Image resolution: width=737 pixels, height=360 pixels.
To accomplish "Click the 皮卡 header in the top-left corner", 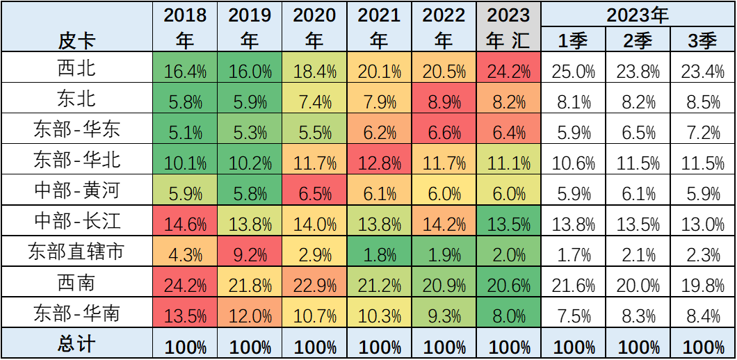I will (x=76, y=41).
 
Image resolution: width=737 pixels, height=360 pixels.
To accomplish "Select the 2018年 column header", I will (x=185, y=28).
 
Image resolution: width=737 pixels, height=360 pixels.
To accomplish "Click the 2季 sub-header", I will (x=638, y=41).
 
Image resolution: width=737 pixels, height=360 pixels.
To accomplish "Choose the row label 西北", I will (x=76, y=69).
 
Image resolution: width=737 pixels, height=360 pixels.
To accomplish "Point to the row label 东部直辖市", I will (x=76, y=252).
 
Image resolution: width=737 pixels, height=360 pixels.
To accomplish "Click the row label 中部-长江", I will (x=76, y=221).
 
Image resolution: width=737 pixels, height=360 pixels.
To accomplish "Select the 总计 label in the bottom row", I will (x=76, y=345).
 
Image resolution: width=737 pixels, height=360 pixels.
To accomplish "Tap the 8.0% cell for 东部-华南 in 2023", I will (x=508, y=314).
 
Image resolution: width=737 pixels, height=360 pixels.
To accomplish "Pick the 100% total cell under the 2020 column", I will (x=314, y=345).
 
